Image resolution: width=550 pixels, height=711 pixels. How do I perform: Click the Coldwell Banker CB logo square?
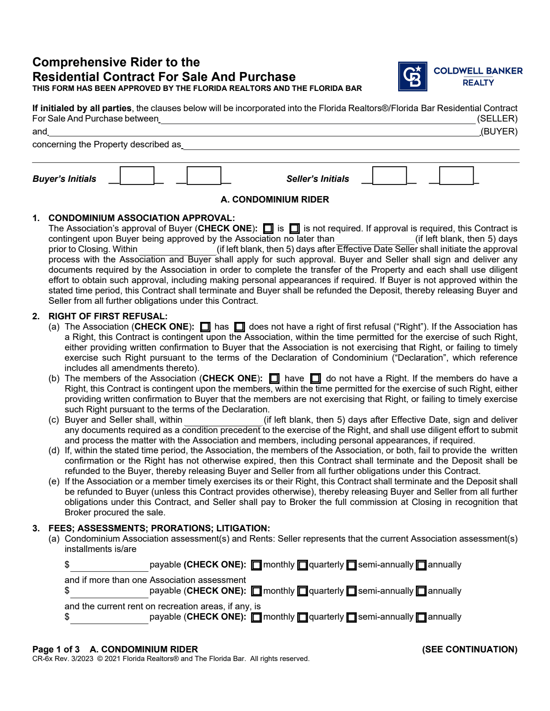(412, 76)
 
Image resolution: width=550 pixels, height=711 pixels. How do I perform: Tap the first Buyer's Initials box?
(137, 176)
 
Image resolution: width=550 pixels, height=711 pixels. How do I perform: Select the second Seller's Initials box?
(456, 176)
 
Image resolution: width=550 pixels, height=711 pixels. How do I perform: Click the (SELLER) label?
(497, 118)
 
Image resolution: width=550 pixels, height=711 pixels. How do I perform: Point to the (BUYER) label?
(499, 131)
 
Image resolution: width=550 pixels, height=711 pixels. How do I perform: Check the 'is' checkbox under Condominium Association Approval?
(268, 229)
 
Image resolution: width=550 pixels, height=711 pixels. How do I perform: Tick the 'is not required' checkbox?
(295, 229)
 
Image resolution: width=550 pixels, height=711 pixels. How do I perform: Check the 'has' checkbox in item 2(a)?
(205, 327)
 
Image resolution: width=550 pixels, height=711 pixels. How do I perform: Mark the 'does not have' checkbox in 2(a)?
(239, 327)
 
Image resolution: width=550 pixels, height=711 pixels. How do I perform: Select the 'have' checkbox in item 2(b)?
(274, 379)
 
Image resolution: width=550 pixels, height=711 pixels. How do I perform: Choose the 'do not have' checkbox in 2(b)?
(316, 379)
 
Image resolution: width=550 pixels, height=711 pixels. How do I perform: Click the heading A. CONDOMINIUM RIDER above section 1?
(275, 200)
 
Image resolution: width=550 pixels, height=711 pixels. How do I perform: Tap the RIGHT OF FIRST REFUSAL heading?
(108, 316)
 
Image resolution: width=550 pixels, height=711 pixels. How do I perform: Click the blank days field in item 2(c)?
(223, 421)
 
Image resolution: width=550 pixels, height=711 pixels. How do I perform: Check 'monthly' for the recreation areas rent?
(256, 617)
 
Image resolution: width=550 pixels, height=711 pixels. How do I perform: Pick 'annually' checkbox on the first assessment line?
(421, 565)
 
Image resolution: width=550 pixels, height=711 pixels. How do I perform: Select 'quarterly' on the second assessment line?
(303, 591)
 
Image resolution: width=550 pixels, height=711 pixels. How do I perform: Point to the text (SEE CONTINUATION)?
(469, 649)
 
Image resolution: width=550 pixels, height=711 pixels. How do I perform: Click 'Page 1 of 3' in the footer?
(56, 649)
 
